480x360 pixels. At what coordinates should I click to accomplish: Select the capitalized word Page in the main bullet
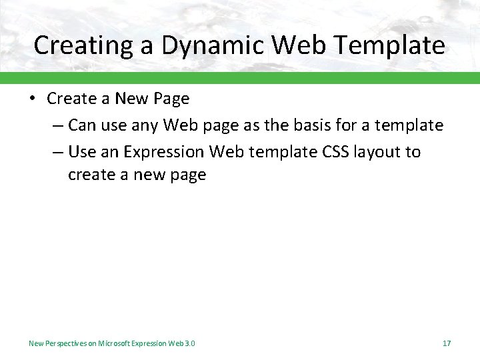click(x=172, y=99)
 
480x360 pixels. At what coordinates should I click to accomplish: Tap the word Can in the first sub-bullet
click(x=82, y=125)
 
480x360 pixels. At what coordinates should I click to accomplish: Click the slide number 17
click(x=446, y=343)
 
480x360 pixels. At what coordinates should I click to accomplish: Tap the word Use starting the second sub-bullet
click(x=82, y=151)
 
